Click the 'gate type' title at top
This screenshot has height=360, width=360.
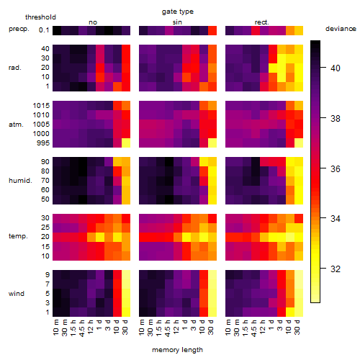(x=178, y=12)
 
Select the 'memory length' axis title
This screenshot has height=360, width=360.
(x=177, y=350)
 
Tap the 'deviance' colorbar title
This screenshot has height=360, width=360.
(x=341, y=29)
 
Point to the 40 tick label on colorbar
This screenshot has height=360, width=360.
(x=336, y=68)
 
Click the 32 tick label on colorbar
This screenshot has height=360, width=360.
(x=336, y=269)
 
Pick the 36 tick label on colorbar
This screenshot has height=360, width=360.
(x=336, y=169)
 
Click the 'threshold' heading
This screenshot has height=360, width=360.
(x=40, y=17)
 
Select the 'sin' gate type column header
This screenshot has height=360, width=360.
(x=177, y=22)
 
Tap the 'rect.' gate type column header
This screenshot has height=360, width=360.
(x=261, y=22)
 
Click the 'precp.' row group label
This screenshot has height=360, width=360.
(x=19, y=29)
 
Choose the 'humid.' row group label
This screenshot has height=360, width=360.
(x=20, y=180)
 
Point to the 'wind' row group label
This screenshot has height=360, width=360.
(x=17, y=294)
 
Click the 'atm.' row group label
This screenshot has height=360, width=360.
(x=16, y=125)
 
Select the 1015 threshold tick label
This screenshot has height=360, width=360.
(x=41, y=106)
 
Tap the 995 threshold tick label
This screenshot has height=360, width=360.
(x=43, y=143)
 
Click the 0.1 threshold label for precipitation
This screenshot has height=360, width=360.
(x=44, y=30)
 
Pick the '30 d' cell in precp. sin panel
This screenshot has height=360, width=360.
(x=212, y=30)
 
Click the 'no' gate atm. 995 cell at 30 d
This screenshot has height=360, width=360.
(x=126, y=143)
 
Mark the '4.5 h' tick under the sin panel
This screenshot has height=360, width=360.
(x=168, y=328)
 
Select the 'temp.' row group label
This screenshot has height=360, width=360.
(x=18, y=236)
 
